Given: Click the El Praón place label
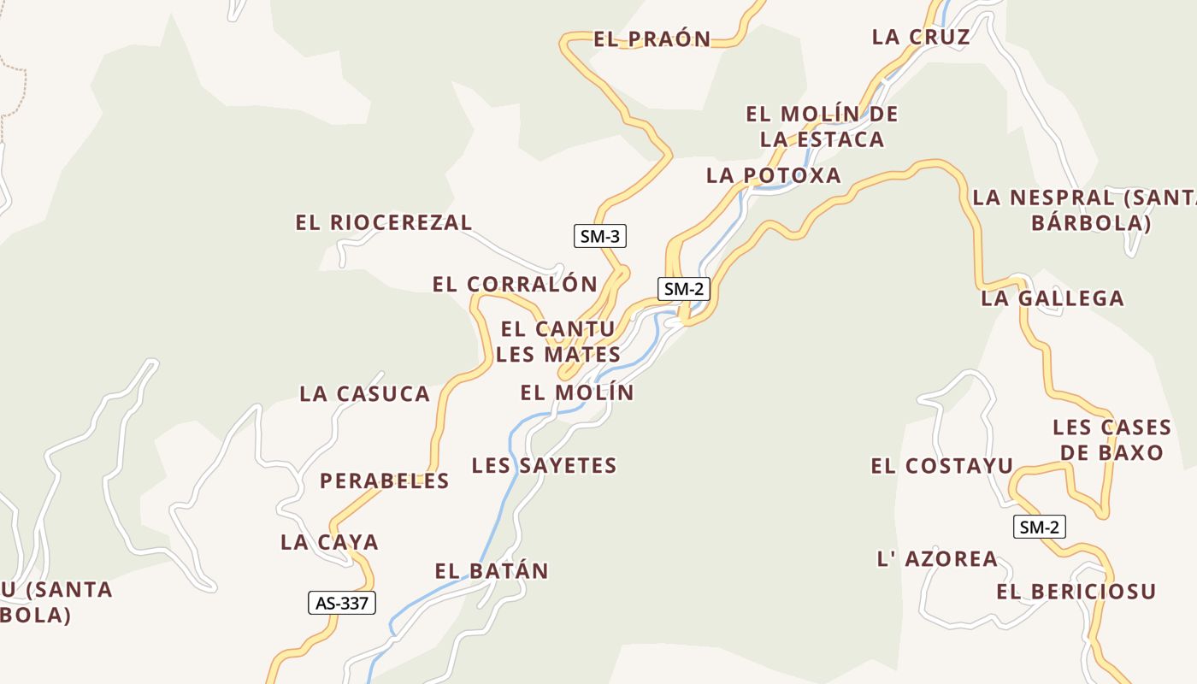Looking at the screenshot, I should coord(652,38).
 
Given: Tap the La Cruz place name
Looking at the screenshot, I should coord(921,37).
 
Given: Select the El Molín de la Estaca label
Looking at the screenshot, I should coord(822,127).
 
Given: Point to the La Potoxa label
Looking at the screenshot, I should coord(774,175).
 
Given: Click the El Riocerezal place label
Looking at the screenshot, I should coord(383,222).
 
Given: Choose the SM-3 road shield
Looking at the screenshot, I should coord(599,236).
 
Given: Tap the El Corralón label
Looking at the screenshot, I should coord(515,284).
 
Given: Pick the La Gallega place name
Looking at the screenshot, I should coord(1052,298).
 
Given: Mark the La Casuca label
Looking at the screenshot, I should coord(364,393).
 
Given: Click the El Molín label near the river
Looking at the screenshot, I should coord(577,392).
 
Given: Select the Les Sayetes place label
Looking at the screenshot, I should coord(544,465).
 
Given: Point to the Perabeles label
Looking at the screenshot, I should coord(384,481).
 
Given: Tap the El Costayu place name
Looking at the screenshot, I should coord(941,466).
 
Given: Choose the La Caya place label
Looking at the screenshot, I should coord(329,542).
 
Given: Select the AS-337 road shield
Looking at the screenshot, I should coord(342,603).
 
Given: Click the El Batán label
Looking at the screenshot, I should coord(492,570).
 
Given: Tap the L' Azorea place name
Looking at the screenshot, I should coord(937,559).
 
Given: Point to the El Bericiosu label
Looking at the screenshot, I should coord(1076,591).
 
